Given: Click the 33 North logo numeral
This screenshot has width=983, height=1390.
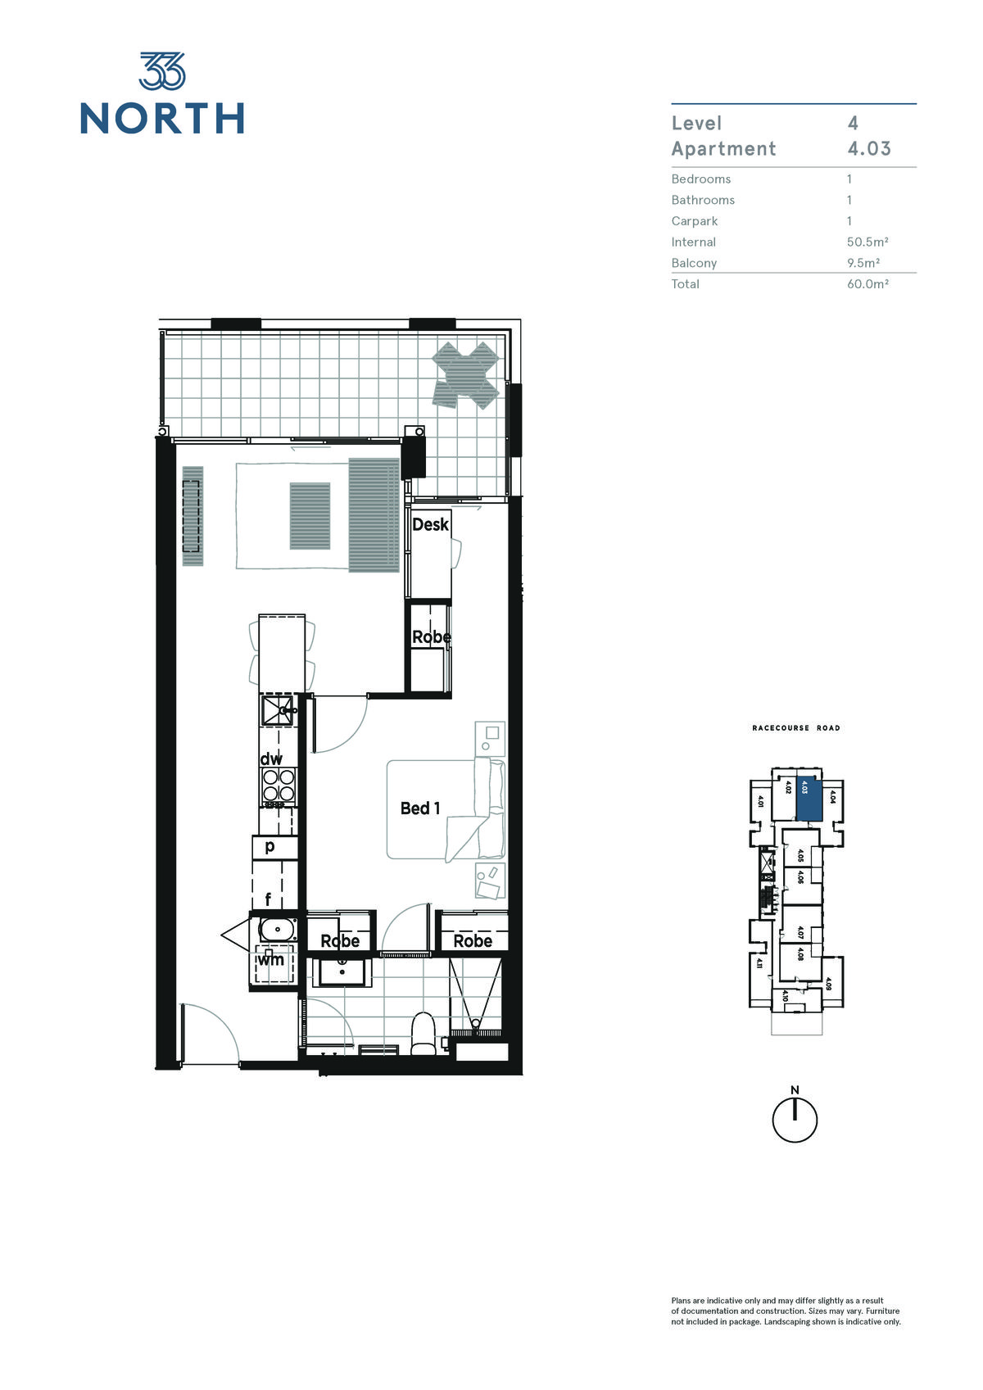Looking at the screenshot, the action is tap(162, 70).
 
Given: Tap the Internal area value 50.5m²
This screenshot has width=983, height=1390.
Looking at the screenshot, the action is tap(867, 242).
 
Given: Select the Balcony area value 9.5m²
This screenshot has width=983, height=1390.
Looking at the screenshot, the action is tap(863, 263).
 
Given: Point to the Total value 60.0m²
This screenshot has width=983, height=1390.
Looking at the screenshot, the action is tap(867, 284).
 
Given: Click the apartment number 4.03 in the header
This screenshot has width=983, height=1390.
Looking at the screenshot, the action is tap(869, 149).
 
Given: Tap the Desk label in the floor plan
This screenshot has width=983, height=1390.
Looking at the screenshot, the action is tap(430, 525).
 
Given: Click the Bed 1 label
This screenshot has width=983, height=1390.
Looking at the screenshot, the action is tap(420, 808).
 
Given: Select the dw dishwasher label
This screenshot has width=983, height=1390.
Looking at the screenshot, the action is tap(270, 758).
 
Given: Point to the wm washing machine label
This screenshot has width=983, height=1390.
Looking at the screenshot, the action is tap(271, 959).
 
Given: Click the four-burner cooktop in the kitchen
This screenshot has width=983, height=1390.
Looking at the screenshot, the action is tap(279, 786).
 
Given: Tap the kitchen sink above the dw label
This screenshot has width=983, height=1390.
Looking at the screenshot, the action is tap(278, 710).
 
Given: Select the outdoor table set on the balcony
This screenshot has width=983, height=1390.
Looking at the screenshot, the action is tap(465, 375).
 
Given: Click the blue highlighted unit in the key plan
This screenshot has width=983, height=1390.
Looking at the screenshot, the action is tap(809, 800).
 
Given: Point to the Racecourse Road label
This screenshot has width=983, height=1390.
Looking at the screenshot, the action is tap(796, 728).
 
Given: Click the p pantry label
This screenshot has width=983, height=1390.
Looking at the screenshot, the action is tap(270, 847).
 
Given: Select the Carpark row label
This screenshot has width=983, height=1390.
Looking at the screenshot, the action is tap(695, 221).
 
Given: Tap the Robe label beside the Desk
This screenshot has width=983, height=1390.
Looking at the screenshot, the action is tap(432, 636).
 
